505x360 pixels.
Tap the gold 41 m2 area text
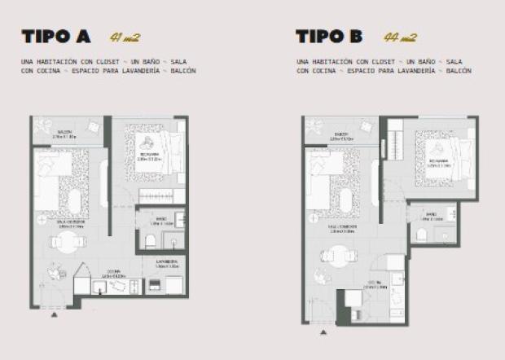pyautogui.click(x=126, y=37)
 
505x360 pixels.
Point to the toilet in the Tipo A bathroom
pyautogui.click(x=149, y=239)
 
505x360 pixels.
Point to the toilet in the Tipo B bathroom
pyautogui.click(x=422, y=235)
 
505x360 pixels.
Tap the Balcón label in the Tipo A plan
pyautogui.click(x=65, y=133)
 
